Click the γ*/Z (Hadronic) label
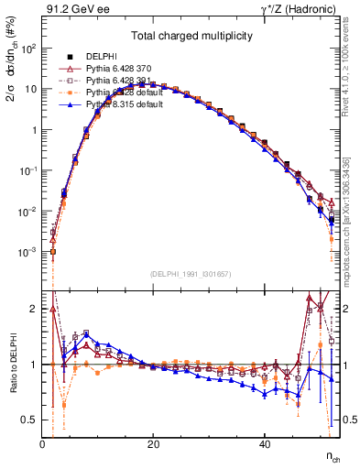(x=296, y=9)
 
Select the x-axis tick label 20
(x=153, y=444)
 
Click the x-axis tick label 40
(x=264, y=444)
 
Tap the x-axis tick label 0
(x=42, y=444)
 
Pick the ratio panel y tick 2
(x=34, y=308)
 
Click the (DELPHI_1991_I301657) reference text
(x=191, y=274)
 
